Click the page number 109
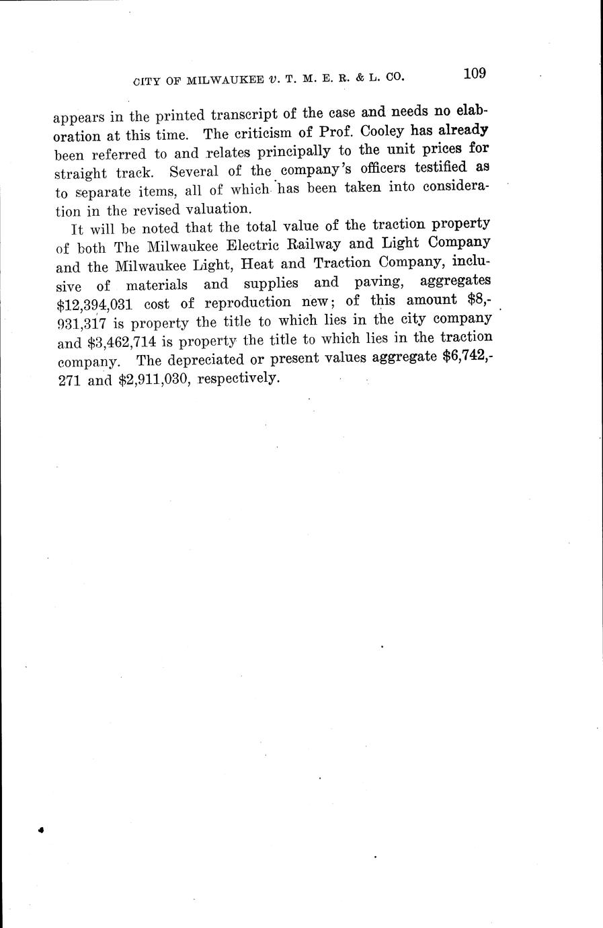coord(474,73)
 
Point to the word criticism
coord(264,132)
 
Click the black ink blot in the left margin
coord(41,830)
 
